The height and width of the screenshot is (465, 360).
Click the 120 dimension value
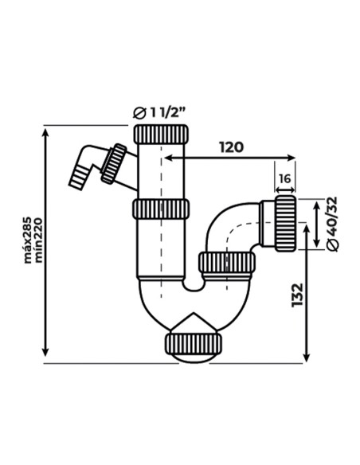pos(231,147)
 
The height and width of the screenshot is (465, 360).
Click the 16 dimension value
pos(284,179)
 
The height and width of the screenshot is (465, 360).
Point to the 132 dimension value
pos(297,295)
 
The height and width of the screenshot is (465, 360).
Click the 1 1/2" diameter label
pos(167,112)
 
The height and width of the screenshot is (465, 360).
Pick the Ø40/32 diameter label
pos(332,225)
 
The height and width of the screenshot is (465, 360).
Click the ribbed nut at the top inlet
pos(161,135)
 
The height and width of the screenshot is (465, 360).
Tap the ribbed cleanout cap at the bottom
pos(194,344)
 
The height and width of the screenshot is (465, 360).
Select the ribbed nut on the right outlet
pos(286,223)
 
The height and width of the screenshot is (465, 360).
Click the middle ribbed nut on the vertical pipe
pos(160,209)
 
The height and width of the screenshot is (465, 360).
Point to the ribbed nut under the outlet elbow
pos(227,263)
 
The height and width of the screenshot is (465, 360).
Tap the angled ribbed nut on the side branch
pos(114,164)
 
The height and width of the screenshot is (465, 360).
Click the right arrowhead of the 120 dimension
pos(292,158)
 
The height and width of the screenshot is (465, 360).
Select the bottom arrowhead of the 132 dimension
pos(307,358)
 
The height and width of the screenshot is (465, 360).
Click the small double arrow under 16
pos(285,190)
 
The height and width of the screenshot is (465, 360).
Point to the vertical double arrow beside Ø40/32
pos(317,224)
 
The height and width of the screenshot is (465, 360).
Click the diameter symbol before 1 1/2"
pos(140,113)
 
